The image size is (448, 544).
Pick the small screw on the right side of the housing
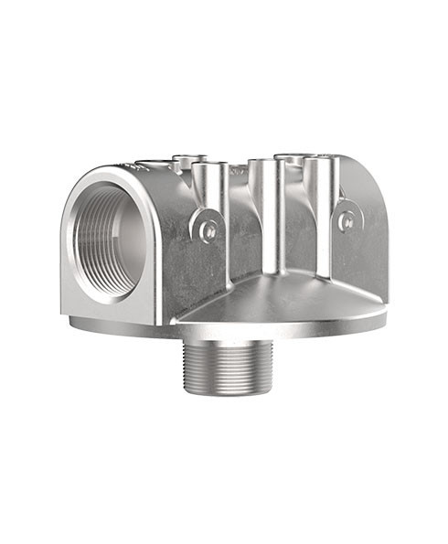[347, 219]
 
